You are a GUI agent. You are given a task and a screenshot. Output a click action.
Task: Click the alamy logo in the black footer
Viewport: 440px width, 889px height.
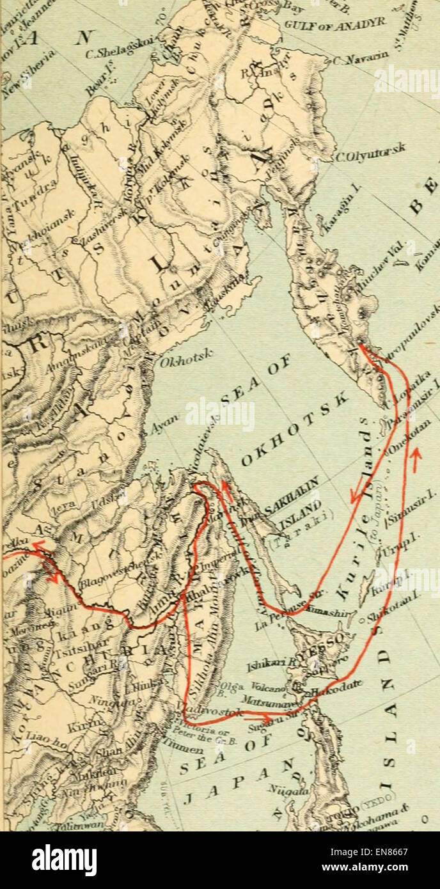pos(64,860)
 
